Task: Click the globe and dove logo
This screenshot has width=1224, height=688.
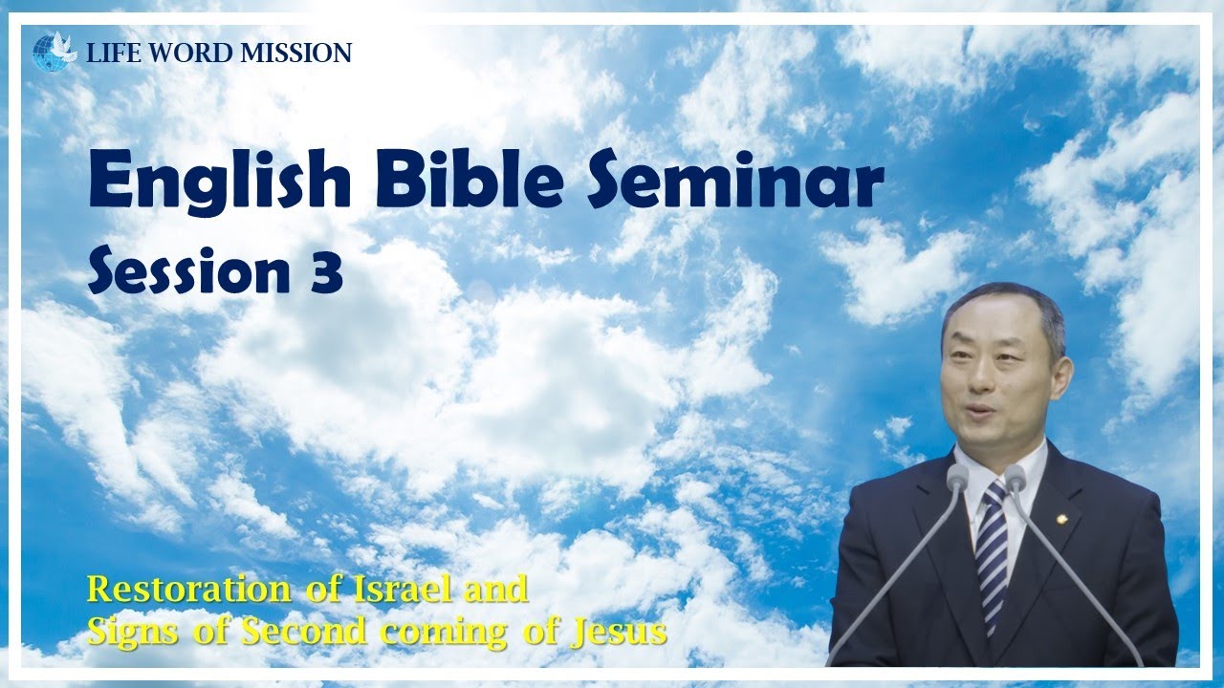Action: (55, 52)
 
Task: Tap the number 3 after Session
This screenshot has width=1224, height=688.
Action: (326, 273)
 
